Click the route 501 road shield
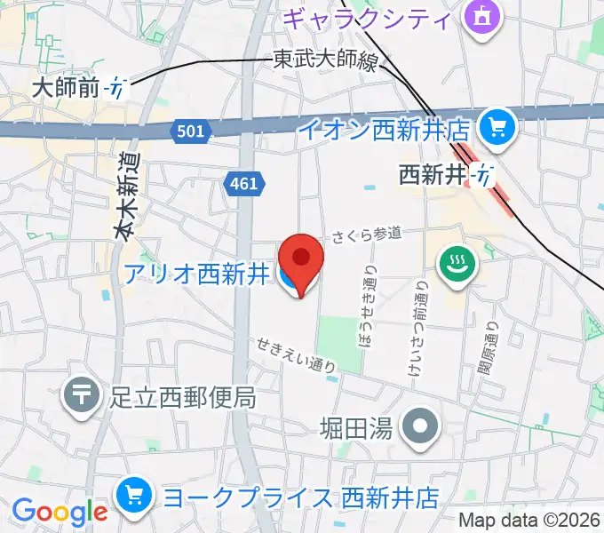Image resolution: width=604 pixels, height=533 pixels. [190, 131]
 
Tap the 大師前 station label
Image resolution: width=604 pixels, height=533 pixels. [66, 87]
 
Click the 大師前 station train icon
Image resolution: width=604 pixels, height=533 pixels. [115, 87]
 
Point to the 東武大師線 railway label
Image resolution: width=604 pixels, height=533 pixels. [324, 60]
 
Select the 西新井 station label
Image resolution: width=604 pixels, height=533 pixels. [433, 175]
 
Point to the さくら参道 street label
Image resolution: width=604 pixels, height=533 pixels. [367, 235]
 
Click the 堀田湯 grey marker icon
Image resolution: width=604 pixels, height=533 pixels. [419, 428]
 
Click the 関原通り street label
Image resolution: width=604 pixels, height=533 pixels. [488, 349]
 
